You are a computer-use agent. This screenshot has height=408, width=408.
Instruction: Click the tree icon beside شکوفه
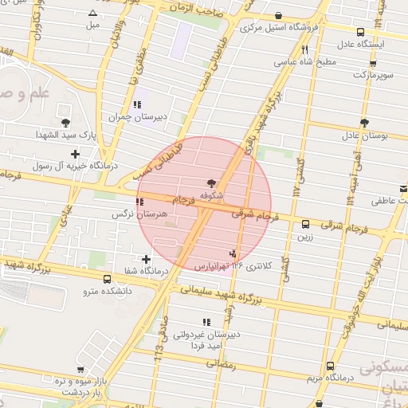[211, 182]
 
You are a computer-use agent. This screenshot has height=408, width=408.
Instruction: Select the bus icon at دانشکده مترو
[108, 279]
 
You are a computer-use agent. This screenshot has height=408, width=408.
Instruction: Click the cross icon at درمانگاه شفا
[146, 259]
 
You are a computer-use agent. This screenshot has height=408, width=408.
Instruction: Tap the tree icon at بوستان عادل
[364, 123]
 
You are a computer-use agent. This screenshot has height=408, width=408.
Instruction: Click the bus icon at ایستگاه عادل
[362, 33]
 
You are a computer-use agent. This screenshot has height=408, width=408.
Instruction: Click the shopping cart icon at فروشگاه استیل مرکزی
[278, 16]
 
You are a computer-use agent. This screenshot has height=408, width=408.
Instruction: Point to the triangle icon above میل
[94, 14]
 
